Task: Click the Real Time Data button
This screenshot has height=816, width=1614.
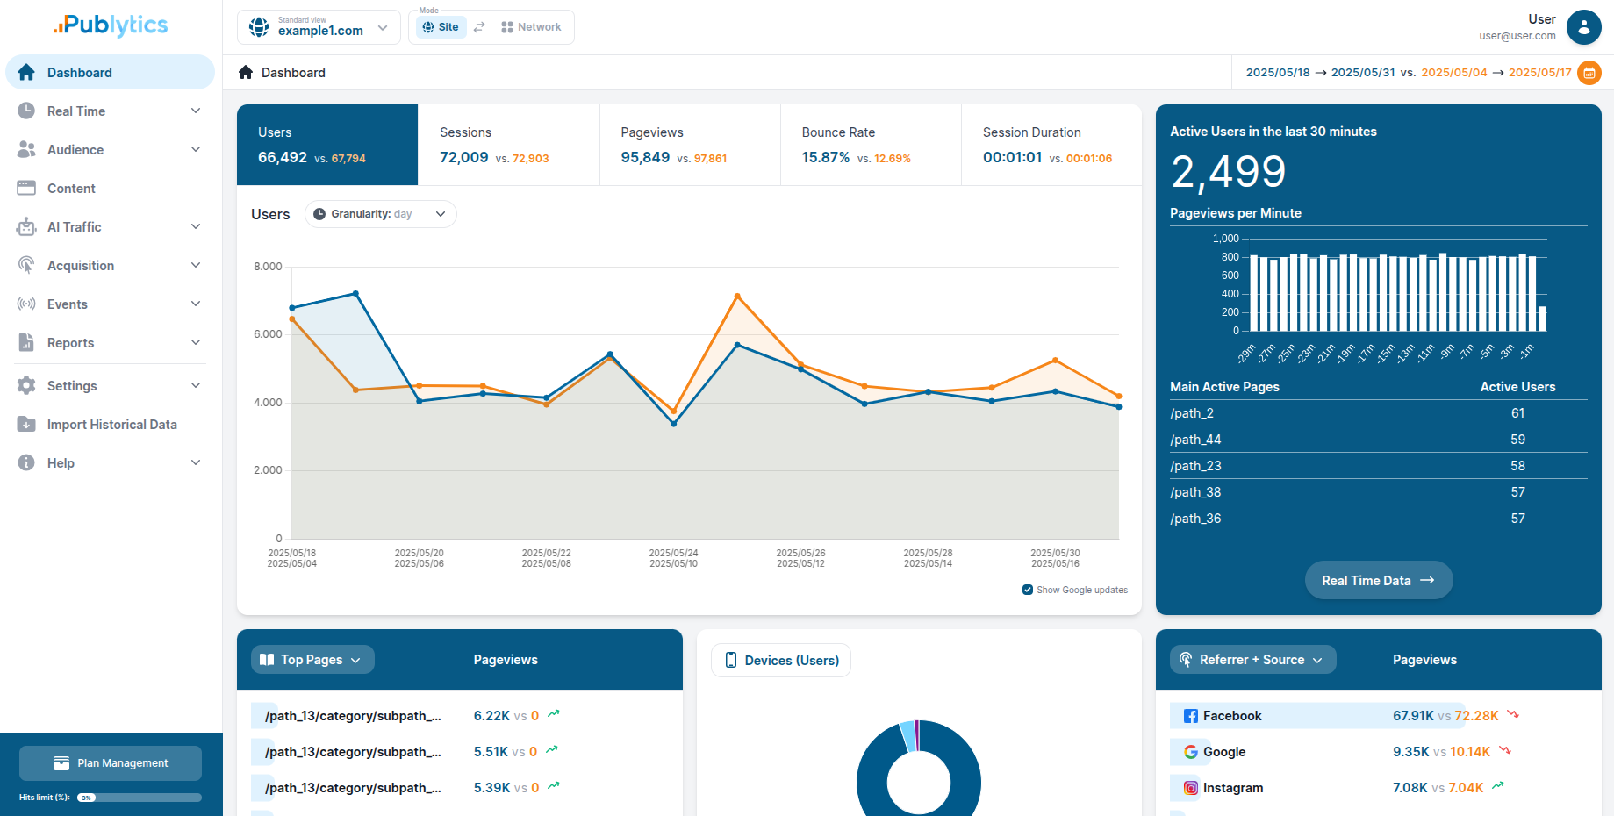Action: click(x=1378, y=580)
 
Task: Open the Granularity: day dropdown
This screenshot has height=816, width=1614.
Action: click(x=380, y=214)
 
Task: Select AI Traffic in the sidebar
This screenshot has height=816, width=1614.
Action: click(x=75, y=227)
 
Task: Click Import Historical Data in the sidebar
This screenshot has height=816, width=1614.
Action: click(x=111, y=425)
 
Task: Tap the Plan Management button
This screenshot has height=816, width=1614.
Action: click(x=111, y=763)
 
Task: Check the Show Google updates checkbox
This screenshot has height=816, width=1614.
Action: click(x=1028, y=590)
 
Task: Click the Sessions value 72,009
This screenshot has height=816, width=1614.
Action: click(x=463, y=158)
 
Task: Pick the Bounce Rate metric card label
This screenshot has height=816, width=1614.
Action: click(x=837, y=132)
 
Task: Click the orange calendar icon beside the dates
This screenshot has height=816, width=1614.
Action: click(x=1589, y=73)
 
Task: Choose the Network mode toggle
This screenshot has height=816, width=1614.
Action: click(x=531, y=27)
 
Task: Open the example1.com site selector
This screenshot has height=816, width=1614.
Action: click(x=319, y=27)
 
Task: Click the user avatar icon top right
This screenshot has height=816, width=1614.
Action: click(x=1583, y=27)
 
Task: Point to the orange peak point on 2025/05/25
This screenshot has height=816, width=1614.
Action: click(x=737, y=297)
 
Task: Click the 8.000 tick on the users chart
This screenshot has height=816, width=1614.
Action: click(x=268, y=267)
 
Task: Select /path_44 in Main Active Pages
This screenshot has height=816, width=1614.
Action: click(x=1195, y=440)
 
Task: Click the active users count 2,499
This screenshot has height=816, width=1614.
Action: click(x=1228, y=172)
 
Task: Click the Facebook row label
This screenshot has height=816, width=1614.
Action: click(x=1231, y=716)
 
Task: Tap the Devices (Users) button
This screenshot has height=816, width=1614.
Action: click(x=780, y=661)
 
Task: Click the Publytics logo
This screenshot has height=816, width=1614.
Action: click(x=111, y=25)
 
